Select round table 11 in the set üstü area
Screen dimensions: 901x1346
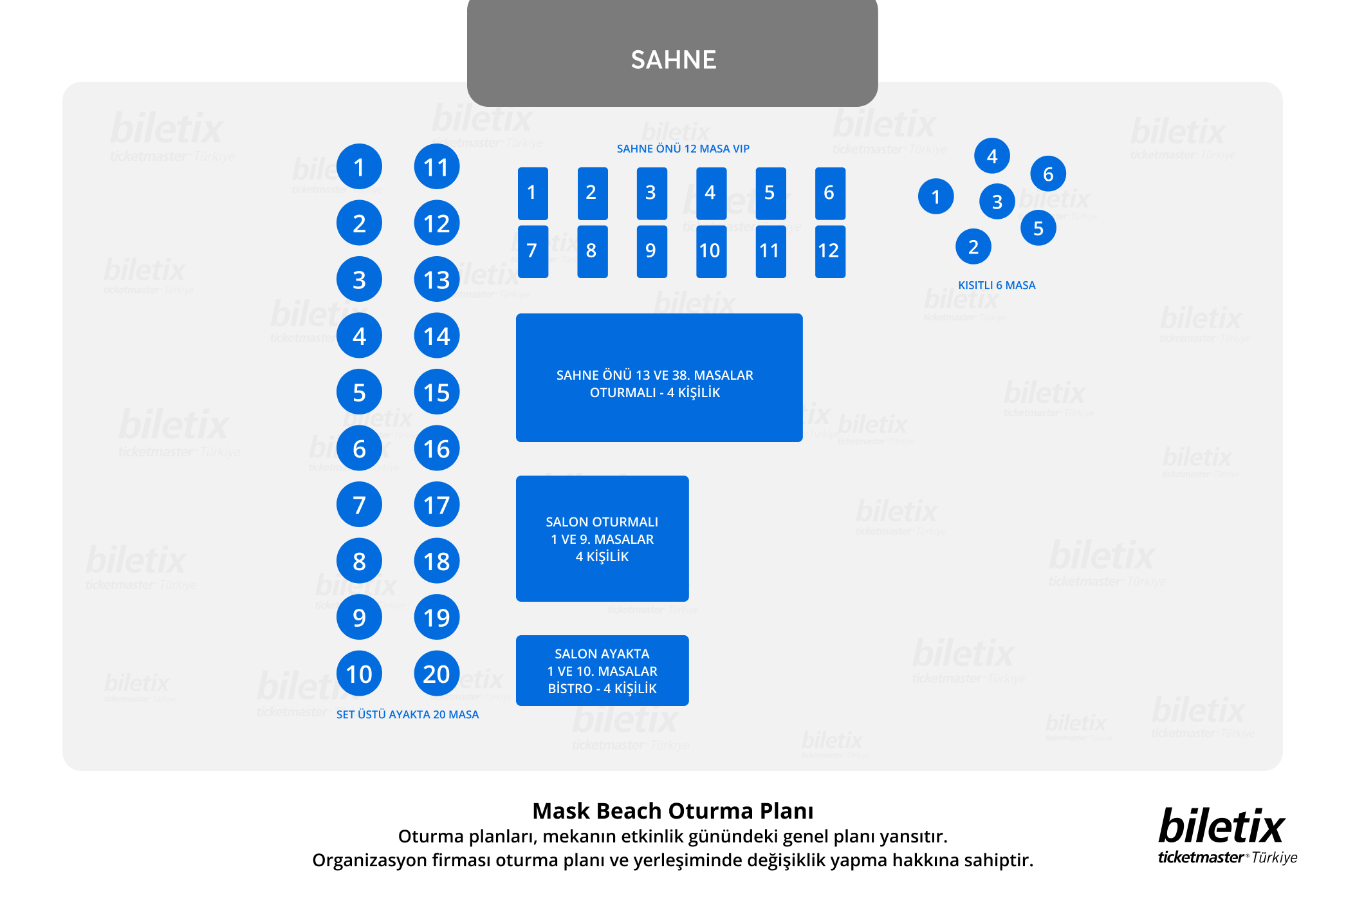point(436,167)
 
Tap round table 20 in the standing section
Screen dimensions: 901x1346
point(436,674)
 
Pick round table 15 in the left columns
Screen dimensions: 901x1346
point(436,392)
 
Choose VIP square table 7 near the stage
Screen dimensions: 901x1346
point(533,251)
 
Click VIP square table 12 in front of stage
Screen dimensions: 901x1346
point(830,251)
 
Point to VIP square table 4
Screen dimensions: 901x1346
point(711,193)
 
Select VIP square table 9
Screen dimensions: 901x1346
point(652,251)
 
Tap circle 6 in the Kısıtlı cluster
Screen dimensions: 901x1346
point(1048,174)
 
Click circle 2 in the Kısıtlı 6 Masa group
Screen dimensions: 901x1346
point(973,246)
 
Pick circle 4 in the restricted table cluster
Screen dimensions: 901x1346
point(992,156)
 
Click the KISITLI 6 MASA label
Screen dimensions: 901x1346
point(997,285)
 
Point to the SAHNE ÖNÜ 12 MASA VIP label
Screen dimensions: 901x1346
point(683,149)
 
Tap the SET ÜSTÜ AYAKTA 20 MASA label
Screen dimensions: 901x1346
point(407,714)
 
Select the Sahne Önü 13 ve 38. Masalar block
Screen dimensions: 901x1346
point(659,378)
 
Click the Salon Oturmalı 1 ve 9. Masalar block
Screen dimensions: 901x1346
point(602,539)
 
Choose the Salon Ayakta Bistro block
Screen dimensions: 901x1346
point(602,671)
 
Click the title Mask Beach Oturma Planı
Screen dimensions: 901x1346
point(672,811)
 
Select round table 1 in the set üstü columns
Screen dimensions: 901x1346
point(359,167)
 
